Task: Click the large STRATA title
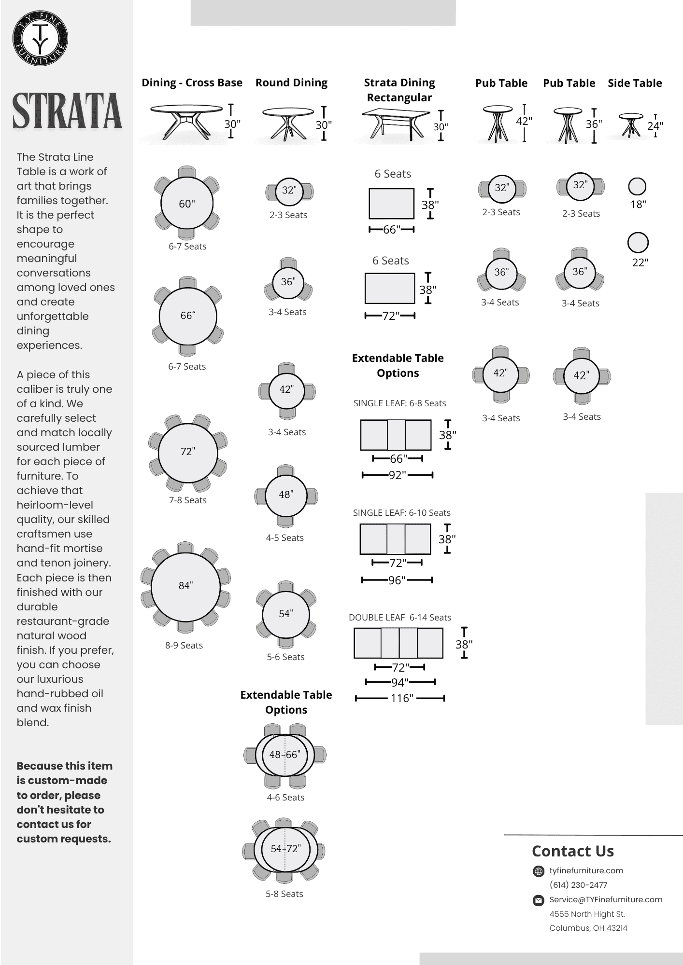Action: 67,111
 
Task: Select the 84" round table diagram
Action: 186,587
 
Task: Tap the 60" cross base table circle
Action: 187,204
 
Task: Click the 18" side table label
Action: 638,205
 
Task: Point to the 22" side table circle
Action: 638,243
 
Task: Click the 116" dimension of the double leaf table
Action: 401,698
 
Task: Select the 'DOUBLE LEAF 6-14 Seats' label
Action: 399,618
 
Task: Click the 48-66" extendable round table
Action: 285,755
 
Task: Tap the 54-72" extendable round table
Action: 285,849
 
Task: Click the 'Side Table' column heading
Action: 634,83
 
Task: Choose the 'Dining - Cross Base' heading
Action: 192,83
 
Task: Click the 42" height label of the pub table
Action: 524,121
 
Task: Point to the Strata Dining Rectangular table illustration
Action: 395,123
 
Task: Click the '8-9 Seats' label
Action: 184,646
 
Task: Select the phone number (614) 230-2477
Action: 578,885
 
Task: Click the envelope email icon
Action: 538,900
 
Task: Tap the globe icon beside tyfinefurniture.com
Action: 538,871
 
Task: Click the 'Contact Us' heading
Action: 572,851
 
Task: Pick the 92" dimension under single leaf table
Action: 397,475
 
